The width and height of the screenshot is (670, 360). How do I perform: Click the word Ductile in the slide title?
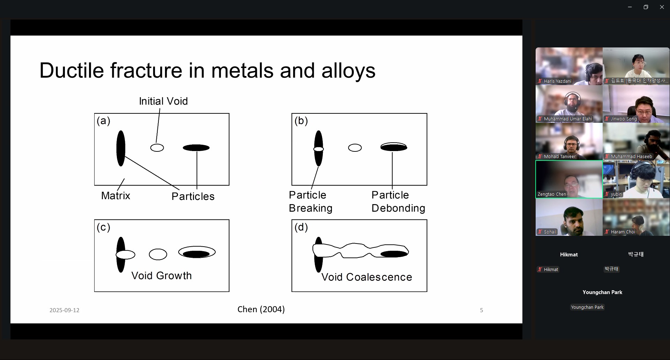click(x=72, y=70)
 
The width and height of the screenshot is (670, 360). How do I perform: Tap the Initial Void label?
click(x=163, y=101)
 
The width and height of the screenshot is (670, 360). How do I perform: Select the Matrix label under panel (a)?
click(x=116, y=195)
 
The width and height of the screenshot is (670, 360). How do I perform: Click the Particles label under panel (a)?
click(x=193, y=196)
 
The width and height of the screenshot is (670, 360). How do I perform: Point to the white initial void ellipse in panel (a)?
click(x=157, y=148)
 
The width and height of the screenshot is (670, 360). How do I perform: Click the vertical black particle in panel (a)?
click(x=121, y=148)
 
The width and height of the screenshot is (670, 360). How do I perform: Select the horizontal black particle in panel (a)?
click(x=196, y=148)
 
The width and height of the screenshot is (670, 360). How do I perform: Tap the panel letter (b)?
click(x=301, y=121)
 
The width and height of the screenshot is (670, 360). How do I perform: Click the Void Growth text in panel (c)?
click(x=162, y=276)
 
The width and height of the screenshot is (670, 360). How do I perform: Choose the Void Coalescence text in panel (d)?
click(x=367, y=277)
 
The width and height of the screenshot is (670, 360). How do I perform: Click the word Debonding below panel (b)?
click(x=399, y=208)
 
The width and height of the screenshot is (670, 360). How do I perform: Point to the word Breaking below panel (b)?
click(x=311, y=208)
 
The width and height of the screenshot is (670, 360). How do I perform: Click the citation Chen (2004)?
click(x=261, y=309)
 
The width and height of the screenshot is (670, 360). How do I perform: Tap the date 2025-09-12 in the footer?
click(x=65, y=310)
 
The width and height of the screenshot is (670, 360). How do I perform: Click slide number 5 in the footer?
click(x=482, y=310)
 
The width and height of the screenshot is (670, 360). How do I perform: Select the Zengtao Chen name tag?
click(x=552, y=194)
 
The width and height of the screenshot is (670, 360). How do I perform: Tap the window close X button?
click(x=662, y=7)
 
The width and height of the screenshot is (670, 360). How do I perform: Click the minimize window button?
click(x=630, y=7)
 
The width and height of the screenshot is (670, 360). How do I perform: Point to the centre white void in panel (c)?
click(x=158, y=254)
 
